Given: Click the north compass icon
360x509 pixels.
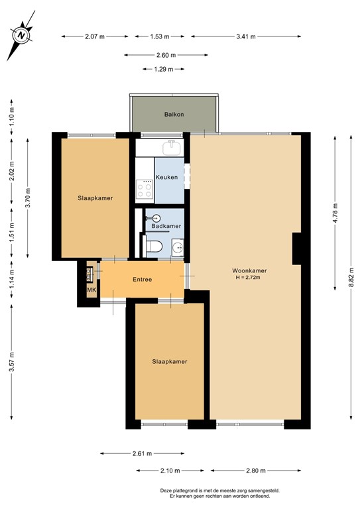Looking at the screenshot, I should [x=23, y=34].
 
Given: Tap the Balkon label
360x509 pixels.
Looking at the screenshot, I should [x=174, y=115].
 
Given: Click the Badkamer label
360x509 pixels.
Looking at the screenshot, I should [x=166, y=226].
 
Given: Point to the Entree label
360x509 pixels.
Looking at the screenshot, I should [x=142, y=279].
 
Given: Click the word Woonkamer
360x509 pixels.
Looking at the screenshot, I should [x=250, y=270].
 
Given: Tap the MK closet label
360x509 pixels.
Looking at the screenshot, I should [x=91, y=290].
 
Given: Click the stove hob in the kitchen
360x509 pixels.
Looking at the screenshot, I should [x=145, y=190].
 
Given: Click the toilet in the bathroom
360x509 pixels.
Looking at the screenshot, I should [x=154, y=247].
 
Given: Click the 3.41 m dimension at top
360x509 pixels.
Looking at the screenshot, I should [x=247, y=37].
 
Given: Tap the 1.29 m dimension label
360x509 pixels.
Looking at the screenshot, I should [x=163, y=69].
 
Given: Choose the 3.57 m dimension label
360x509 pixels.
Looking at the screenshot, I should [x=12, y=362].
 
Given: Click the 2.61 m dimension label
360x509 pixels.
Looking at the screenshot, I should [x=142, y=454].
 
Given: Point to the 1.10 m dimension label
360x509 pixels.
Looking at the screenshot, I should [x=12, y=117].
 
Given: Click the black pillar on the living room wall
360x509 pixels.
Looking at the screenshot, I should [x=298, y=249].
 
